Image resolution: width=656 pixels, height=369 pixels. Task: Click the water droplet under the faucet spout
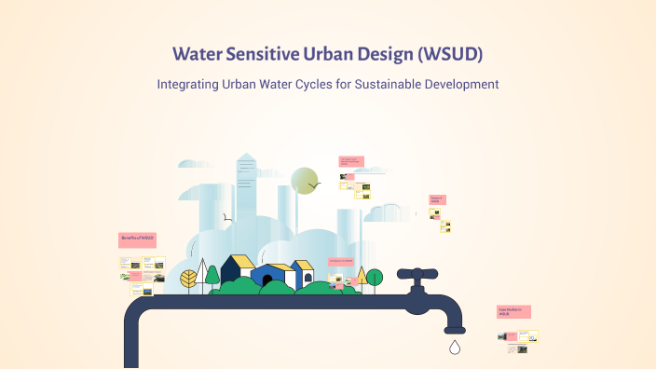pos(455,348)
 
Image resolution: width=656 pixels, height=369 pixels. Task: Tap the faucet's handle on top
pos(417,274)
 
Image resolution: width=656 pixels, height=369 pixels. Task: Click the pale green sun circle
pos(304,181)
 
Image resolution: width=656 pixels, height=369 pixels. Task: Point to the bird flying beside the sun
pos(315,185)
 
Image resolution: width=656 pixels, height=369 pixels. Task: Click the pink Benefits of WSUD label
pos(137,239)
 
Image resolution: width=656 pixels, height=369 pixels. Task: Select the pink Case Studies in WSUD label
pos(513,312)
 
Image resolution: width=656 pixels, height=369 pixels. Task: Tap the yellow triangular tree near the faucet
pos(362,274)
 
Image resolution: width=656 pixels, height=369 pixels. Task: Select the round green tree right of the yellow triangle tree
pos(375,277)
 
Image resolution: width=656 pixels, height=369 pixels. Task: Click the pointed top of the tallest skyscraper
pos(246,156)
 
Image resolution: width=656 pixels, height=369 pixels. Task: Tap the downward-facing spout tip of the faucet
pos(455,328)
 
